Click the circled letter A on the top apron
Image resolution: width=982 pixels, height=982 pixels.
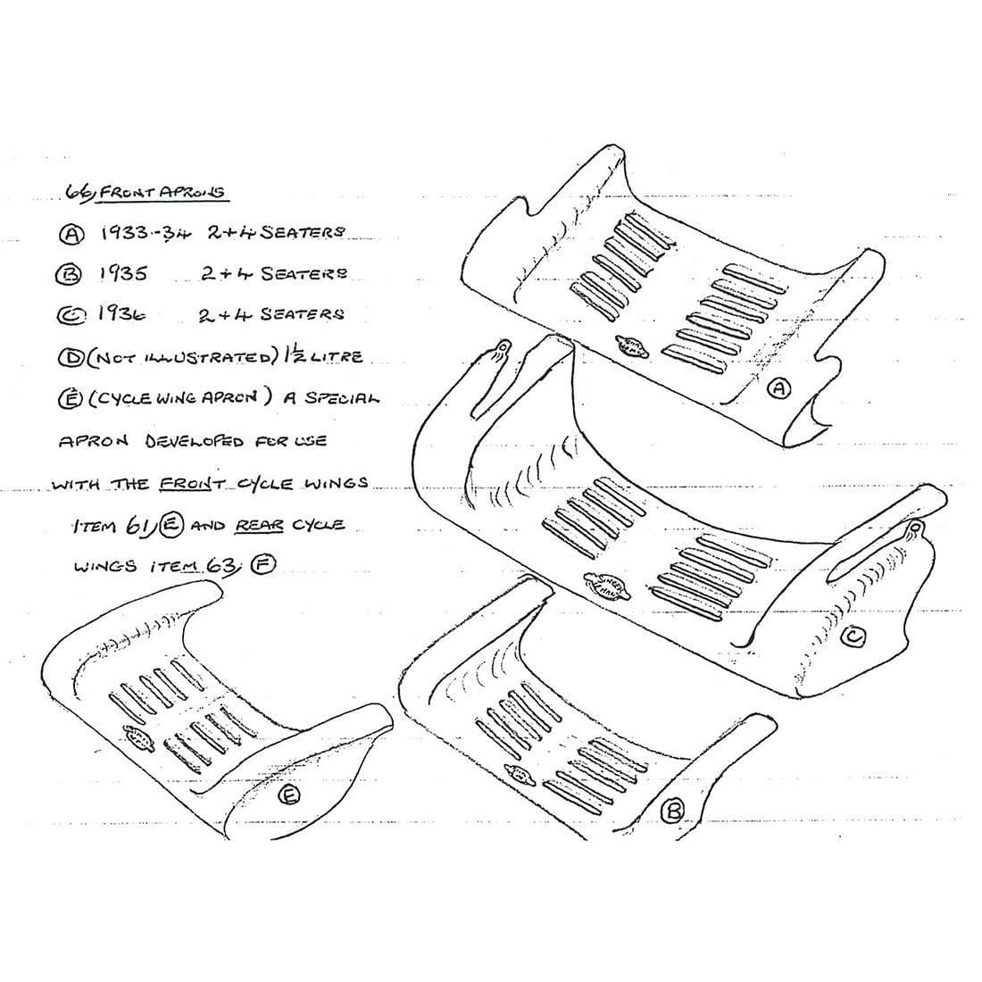click(779, 388)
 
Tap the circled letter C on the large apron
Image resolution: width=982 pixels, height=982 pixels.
click(853, 636)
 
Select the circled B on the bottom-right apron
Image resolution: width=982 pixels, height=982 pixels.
click(673, 810)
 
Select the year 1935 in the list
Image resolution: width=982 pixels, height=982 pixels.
click(123, 273)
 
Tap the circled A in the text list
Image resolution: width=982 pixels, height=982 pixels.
click(71, 234)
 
